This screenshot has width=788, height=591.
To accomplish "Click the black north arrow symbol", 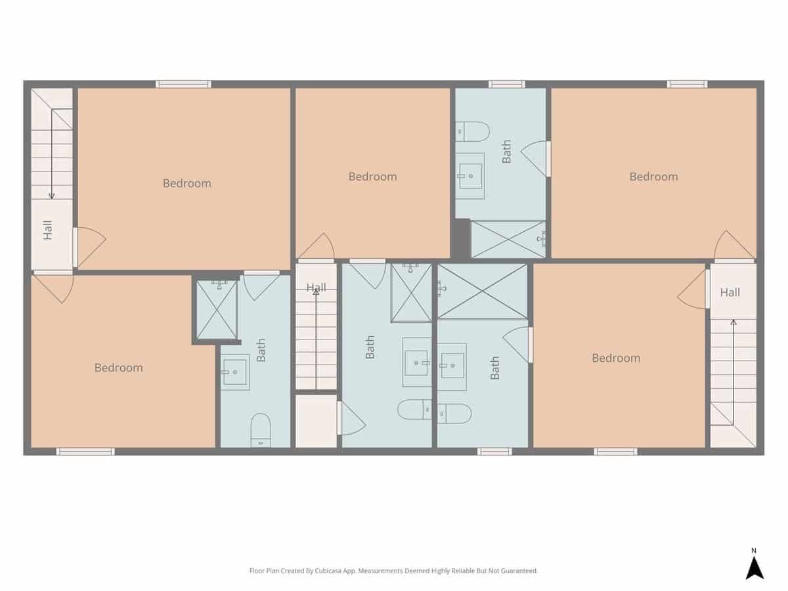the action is click(x=755, y=568).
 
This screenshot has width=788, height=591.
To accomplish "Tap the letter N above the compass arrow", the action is click(x=754, y=551).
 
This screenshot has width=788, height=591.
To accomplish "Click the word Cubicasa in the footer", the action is click(x=328, y=571).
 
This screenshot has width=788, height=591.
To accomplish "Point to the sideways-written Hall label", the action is click(x=47, y=230).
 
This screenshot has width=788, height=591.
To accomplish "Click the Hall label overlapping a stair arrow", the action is click(x=317, y=288).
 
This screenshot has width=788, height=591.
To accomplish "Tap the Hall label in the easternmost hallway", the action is click(x=730, y=292).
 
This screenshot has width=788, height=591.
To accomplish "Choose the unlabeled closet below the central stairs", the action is click(x=316, y=421).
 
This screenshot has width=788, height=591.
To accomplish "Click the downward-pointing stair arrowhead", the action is click(x=52, y=196).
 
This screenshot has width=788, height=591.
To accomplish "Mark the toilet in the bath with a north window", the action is click(x=472, y=132).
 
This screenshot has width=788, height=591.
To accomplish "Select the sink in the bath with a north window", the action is click(x=470, y=176).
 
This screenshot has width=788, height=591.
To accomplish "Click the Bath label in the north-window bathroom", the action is click(x=506, y=152).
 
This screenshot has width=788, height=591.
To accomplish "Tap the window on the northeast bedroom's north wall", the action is click(x=687, y=84).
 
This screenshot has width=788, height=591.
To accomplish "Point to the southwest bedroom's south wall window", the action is click(x=85, y=451).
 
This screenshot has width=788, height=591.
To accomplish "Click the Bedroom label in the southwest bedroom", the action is click(x=119, y=368).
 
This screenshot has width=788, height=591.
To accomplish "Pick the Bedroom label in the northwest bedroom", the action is click(x=187, y=183).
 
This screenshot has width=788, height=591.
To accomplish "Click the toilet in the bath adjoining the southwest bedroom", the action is click(x=260, y=430).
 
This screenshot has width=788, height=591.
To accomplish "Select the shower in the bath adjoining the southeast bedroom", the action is click(x=482, y=291).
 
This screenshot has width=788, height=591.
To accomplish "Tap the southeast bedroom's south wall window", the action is click(x=615, y=451).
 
